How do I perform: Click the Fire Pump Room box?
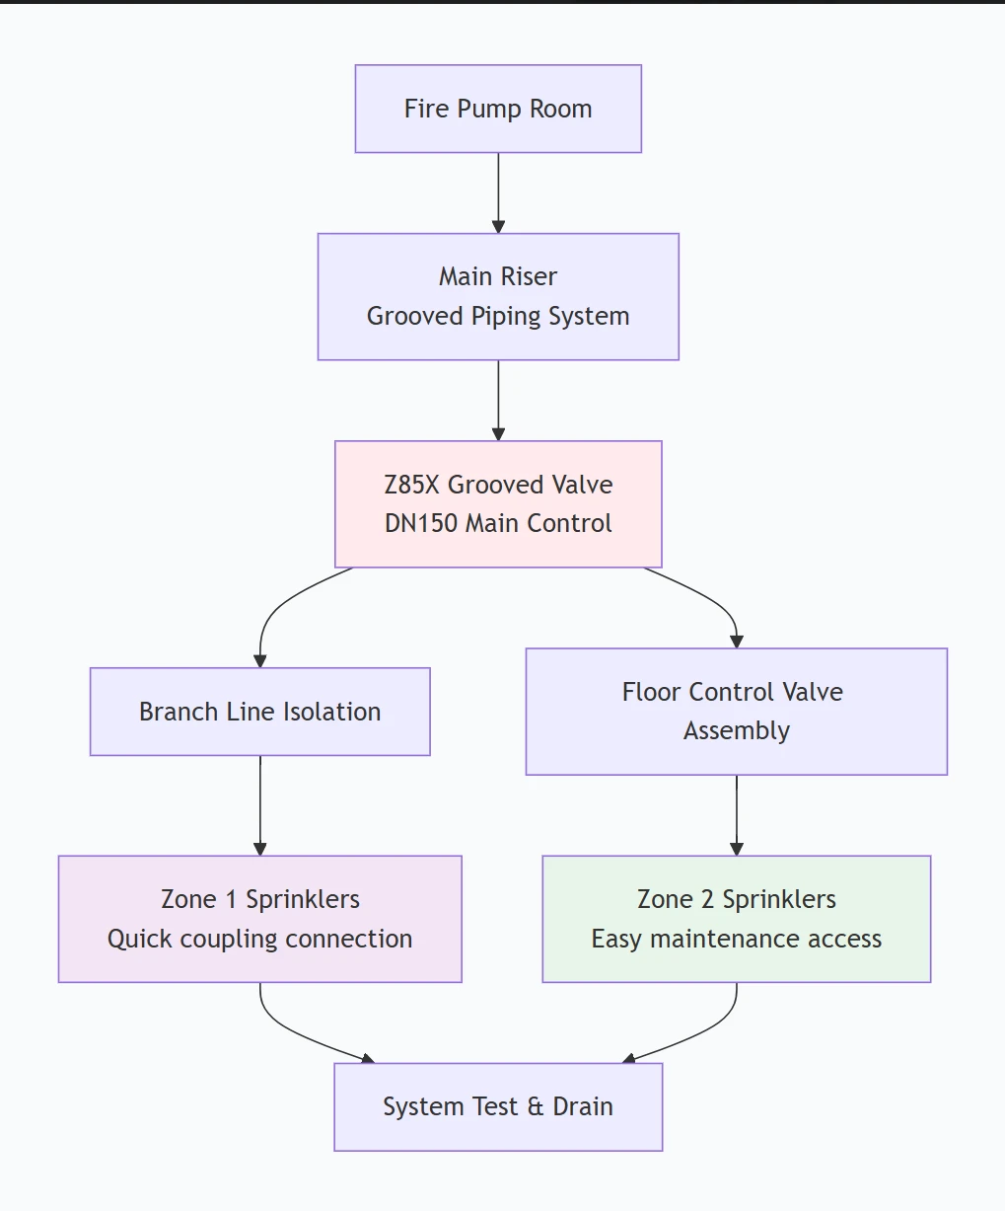tap(498, 109)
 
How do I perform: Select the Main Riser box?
tap(498, 296)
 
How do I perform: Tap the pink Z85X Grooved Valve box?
tap(498, 503)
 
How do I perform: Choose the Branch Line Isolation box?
tap(259, 712)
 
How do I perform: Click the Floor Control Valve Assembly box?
tap(736, 711)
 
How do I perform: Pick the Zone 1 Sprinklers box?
tap(259, 918)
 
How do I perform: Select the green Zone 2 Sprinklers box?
tap(736, 918)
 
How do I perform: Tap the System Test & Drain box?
tap(498, 1106)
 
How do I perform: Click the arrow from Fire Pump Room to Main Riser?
tap(498, 192)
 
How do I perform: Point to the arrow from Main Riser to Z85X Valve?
tap(498, 400)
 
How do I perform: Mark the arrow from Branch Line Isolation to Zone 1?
tap(260, 804)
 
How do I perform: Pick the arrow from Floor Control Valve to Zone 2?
tap(737, 814)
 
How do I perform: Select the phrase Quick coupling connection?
tap(259, 939)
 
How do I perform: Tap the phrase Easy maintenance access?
tap(736, 939)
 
